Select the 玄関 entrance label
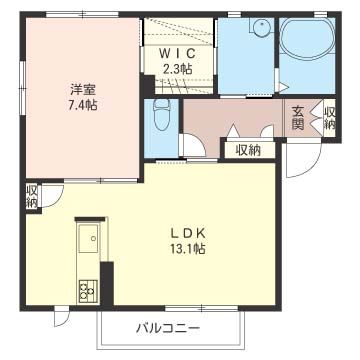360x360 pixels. tap(298, 118)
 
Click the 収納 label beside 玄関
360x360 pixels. tap(330, 118)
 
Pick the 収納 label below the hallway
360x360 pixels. tap(248, 150)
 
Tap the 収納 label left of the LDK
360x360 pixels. tap(32, 195)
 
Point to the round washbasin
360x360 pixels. tap(262, 28)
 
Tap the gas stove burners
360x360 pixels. tap(86, 293)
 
